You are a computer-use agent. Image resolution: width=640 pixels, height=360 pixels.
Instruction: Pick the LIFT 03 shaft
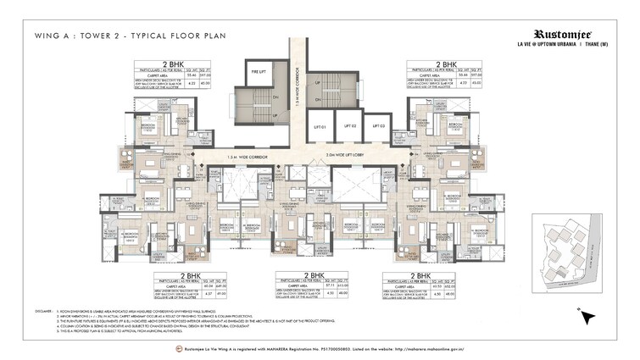coord(376,126)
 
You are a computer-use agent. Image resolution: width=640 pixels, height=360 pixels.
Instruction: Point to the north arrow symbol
coord(584,317)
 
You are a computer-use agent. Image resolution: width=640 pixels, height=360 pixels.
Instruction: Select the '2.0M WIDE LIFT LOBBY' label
coord(357,157)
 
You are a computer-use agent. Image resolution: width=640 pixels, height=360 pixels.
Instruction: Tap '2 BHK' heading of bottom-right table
coord(442,275)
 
